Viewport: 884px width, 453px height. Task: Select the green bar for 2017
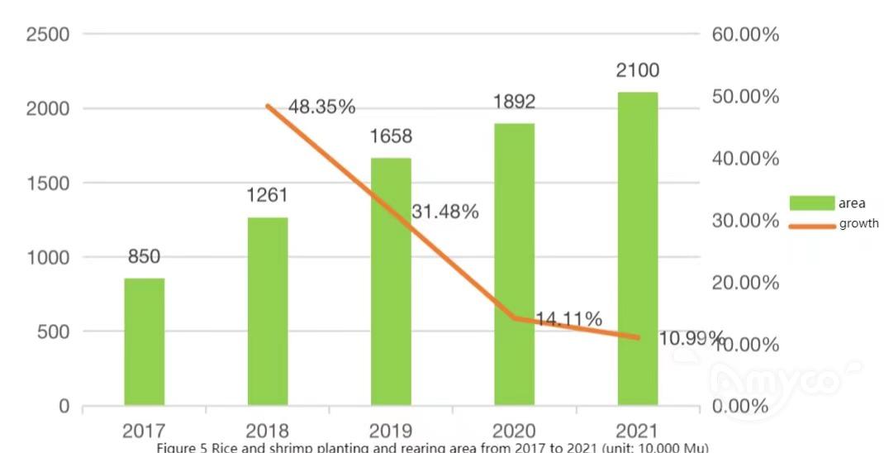point(145,341)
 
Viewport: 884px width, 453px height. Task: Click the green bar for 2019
point(391,281)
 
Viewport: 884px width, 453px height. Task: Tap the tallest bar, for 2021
point(638,248)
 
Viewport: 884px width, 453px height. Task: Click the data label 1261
point(268,196)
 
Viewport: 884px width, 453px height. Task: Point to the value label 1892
point(513,102)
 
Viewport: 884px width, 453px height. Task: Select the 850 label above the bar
point(144,256)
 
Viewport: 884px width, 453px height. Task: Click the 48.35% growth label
point(322,107)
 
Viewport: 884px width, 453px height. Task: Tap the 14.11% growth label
point(568,319)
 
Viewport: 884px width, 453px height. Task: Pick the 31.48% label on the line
point(445,212)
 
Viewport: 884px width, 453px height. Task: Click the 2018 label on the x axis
point(268,431)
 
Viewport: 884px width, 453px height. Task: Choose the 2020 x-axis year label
point(513,431)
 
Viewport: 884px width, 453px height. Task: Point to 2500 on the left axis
point(47,35)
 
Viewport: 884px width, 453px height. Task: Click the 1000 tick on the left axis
point(47,258)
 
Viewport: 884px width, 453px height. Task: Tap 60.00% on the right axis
point(745,35)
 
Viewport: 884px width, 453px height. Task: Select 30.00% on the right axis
point(745,221)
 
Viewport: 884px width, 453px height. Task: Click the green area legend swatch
point(811,203)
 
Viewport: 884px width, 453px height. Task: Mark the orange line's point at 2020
point(515,317)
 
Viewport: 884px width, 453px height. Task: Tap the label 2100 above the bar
point(637,70)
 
